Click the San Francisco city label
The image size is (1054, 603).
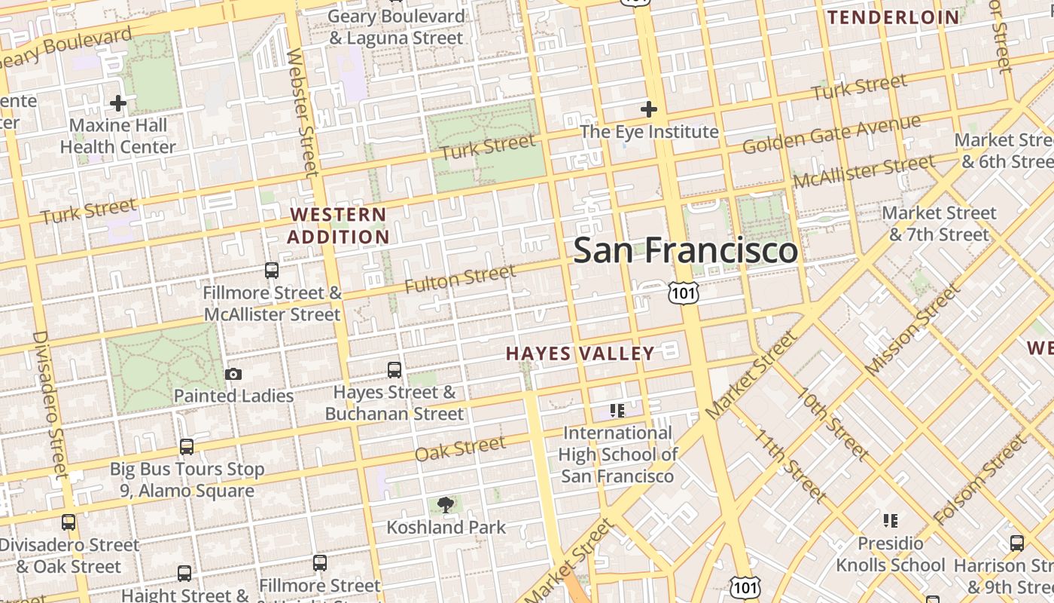(x=685, y=250)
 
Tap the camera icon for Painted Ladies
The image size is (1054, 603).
(x=233, y=374)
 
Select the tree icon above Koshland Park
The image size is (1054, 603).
(x=446, y=505)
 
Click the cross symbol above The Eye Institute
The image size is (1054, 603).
(x=648, y=110)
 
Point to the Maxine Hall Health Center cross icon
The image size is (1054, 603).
(x=117, y=103)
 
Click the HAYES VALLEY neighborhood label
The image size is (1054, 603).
(x=580, y=354)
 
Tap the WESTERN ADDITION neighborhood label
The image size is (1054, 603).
(x=338, y=225)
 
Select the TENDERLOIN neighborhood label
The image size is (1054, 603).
(x=894, y=17)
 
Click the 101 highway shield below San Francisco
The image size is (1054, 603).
(x=684, y=292)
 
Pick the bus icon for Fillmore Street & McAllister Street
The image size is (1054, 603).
(x=272, y=270)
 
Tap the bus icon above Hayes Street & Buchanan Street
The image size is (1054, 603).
(x=394, y=370)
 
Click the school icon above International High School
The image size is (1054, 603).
(x=617, y=411)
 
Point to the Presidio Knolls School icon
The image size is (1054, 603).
(x=891, y=521)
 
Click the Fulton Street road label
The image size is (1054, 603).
(x=460, y=279)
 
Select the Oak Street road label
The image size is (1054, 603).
(x=460, y=448)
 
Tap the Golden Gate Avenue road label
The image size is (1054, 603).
(x=831, y=134)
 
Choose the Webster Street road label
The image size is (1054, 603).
(x=303, y=113)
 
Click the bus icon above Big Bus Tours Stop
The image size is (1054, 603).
(x=187, y=447)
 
